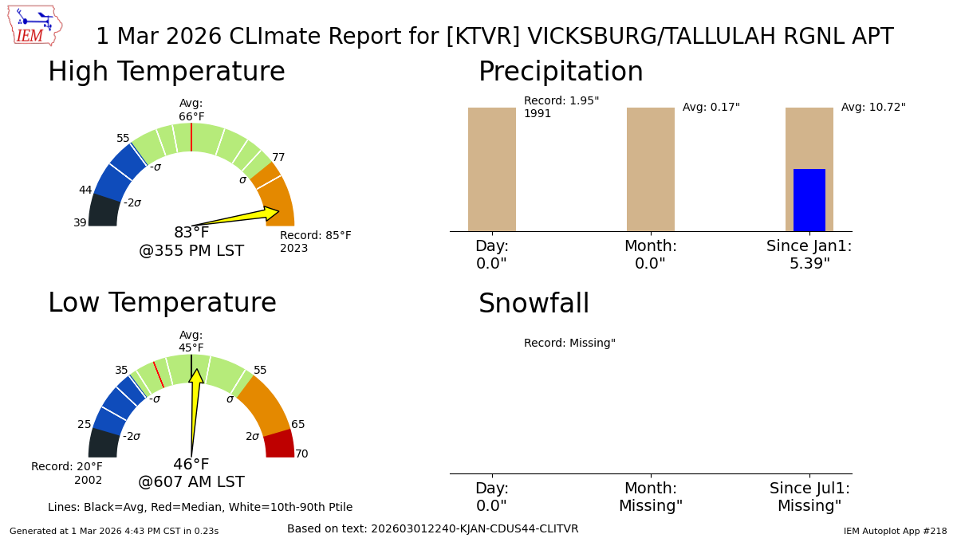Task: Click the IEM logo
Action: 34,25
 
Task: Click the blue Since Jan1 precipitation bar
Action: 809,200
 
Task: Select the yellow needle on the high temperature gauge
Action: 239,216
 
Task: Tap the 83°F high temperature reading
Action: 191,233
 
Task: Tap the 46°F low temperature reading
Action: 191,465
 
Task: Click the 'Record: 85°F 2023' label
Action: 315,242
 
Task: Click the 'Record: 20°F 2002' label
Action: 67,473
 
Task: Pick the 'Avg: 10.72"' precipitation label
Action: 873,108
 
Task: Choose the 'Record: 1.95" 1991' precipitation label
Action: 561,108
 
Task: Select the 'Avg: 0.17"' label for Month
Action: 711,108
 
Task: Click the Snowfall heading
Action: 534,304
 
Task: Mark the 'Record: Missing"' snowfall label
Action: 569,344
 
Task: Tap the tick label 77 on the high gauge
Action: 278,158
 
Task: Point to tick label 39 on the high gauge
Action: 80,223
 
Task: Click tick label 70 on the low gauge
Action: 301,454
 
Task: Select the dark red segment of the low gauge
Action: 279,444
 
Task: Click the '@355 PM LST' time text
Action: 191,252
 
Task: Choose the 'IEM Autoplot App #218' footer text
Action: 895,531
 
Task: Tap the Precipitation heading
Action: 561,73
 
